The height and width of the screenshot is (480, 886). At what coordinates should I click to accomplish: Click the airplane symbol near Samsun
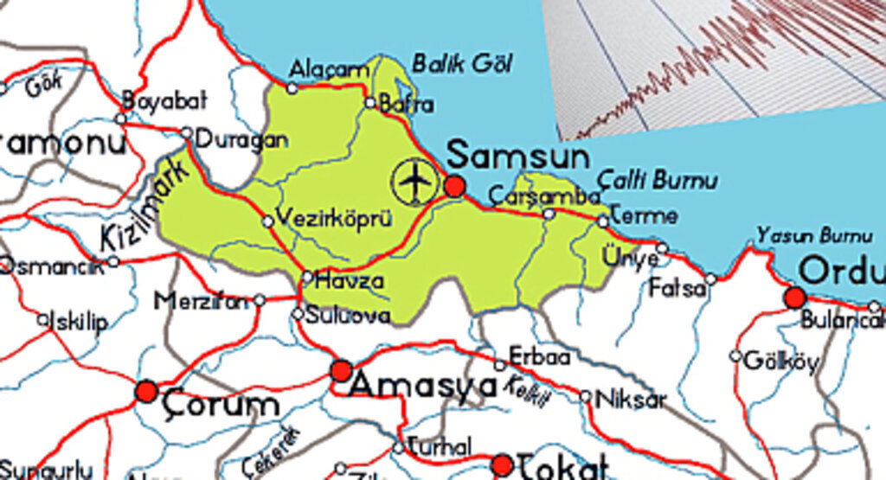click(x=415, y=181)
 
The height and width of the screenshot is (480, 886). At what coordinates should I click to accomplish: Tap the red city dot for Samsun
click(x=455, y=186)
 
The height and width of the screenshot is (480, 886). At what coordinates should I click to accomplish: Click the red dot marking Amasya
click(x=342, y=372)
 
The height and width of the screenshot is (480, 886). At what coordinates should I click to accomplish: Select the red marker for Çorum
click(x=146, y=392)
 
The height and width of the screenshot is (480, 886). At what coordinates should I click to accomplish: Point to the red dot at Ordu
click(x=794, y=298)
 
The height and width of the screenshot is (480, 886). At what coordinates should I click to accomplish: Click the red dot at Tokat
click(x=502, y=466)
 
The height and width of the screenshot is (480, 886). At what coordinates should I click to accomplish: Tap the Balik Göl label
click(x=461, y=63)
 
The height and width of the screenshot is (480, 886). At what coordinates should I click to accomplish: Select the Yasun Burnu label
click(x=813, y=235)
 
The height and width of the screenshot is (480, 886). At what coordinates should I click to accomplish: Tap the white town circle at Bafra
click(x=370, y=103)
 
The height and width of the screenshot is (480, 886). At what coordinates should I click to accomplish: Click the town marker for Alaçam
click(x=292, y=87)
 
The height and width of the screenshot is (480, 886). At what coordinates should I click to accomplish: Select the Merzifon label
click(x=202, y=301)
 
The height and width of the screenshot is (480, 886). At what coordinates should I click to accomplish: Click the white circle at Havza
click(x=307, y=278)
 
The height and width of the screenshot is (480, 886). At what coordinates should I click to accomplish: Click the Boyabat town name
click(x=164, y=100)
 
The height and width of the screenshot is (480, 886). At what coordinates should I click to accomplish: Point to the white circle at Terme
click(x=603, y=221)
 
